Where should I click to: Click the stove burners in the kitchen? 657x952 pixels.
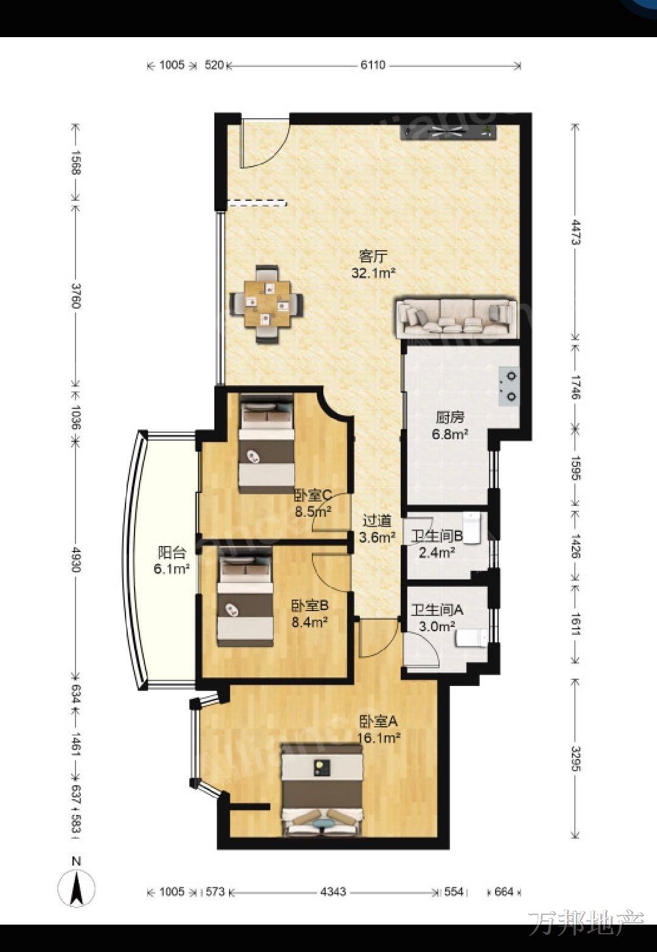point(510,387)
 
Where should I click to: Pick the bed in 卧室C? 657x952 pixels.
point(267,443)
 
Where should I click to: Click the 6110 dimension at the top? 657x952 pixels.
point(373,65)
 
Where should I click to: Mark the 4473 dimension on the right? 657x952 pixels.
point(575,232)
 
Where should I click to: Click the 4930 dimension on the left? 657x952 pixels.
point(76,559)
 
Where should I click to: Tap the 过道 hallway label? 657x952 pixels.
point(377,521)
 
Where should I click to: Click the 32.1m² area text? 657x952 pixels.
point(374,273)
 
